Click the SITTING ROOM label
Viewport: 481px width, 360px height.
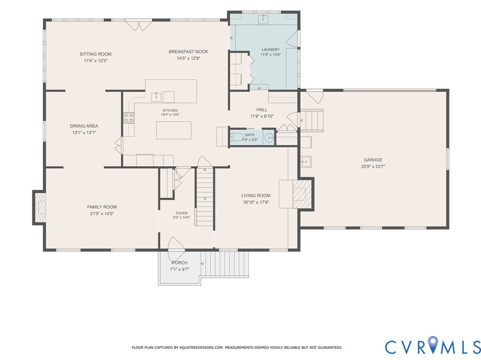coord(95,54)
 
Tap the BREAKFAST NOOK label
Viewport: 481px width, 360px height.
coord(188,52)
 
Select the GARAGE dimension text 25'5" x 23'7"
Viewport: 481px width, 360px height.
coord(373,167)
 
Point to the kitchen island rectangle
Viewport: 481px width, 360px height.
coord(174,130)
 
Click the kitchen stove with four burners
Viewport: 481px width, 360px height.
coord(129,118)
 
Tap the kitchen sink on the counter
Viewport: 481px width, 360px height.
coord(156,97)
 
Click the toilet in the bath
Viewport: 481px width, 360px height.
coord(236,137)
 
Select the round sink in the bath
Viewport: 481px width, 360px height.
coord(269,138)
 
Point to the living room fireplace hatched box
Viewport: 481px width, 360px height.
coord(302,194)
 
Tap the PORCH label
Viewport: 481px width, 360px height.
coord(179,263)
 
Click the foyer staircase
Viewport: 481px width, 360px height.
coord(205,197)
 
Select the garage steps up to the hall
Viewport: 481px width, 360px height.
coord(312,121)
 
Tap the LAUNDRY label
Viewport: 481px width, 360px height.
coord(271,49)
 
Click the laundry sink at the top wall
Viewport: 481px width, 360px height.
coord(263,19)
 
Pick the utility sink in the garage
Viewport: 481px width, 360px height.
coord(306,161)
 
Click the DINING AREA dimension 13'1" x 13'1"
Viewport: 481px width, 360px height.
coord(84,133)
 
